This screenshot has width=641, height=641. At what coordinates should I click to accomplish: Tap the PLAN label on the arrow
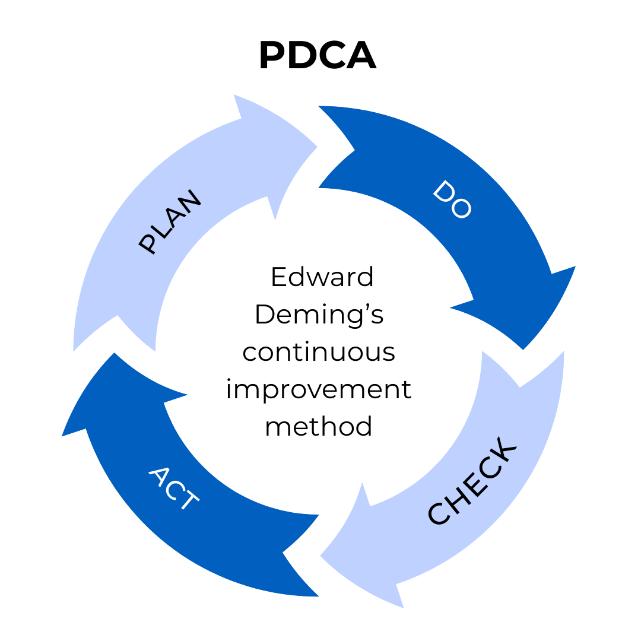pos(170,223)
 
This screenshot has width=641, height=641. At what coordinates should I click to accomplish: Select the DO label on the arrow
pos(452,199)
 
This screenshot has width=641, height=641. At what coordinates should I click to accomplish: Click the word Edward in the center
pos(322,277)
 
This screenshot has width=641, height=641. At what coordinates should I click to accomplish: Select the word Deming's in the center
pos(319,315)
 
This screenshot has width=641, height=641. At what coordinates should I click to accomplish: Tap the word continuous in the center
pos(319,352)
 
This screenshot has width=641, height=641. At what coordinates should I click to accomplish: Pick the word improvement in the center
pos(319,390)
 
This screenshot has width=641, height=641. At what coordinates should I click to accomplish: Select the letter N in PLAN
pos(191,201)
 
